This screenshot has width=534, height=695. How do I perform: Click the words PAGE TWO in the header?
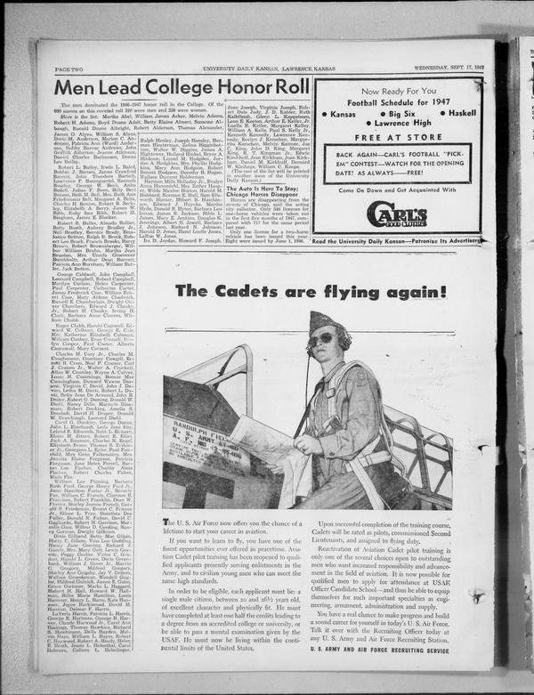coord(70,69)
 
